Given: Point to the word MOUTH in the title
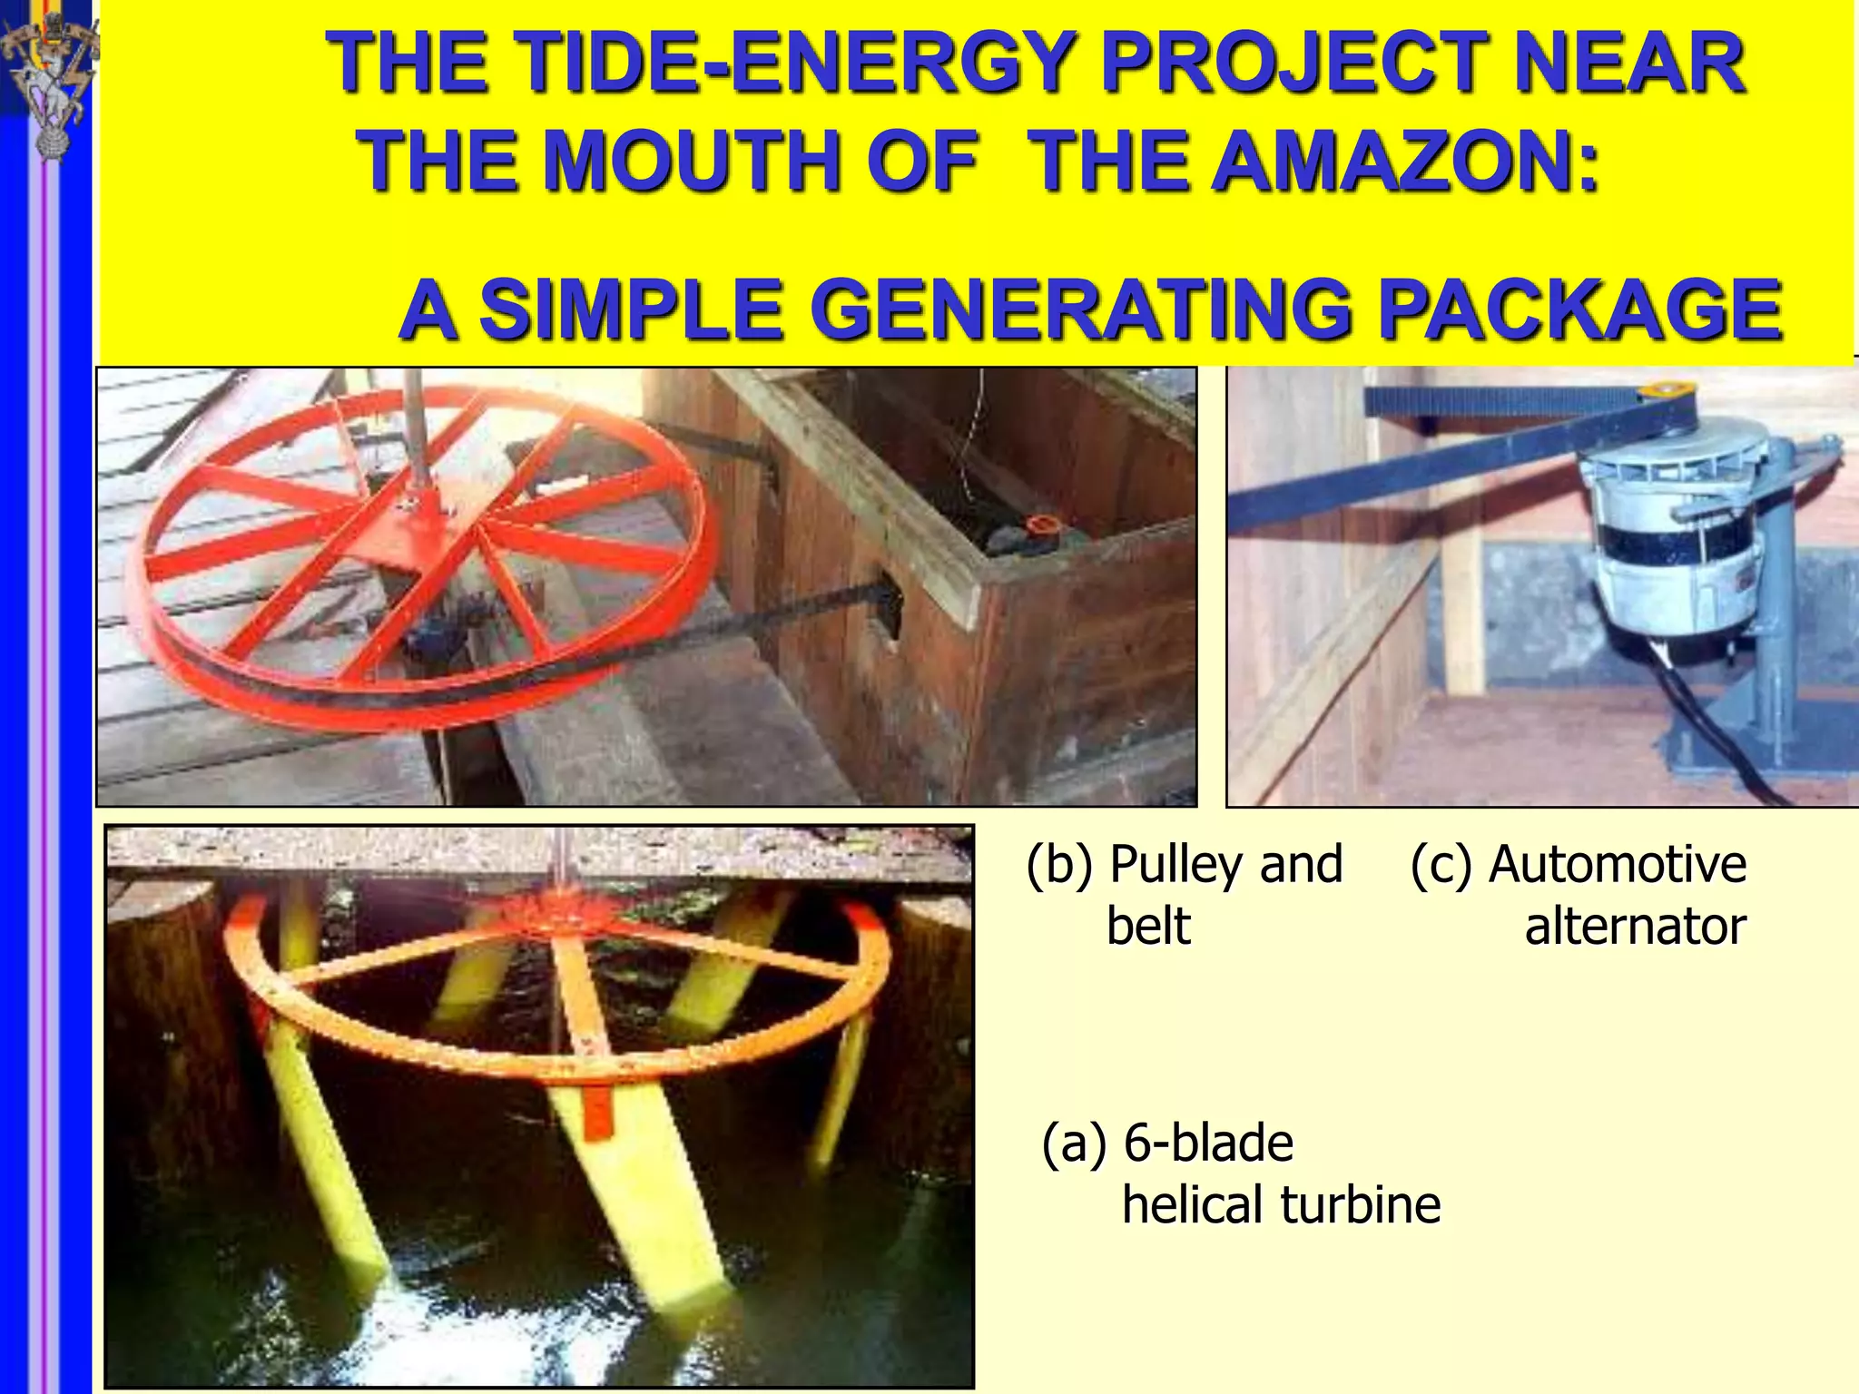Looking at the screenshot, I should click(694, 161).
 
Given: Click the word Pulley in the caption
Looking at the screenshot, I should click(1179, 864).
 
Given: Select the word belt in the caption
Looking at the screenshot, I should click(1148, 927).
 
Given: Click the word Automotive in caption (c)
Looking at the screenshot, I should click(1618, 864).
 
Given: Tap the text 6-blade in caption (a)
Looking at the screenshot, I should click(1208, 1143).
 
